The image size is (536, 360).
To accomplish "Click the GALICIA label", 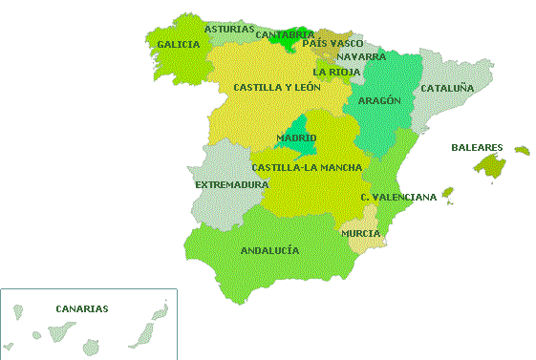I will (x=179, y=44).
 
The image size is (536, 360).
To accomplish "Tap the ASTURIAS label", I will (x=229, y=29).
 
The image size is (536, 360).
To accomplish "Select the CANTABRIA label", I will (x=285, y=35).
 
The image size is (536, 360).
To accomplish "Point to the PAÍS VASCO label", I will (x=332, y=43).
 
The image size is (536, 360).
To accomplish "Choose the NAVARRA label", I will (x=361, y=56).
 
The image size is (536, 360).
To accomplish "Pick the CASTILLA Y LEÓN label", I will (x=277, y=87).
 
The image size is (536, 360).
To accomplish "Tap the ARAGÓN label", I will (x=379, y=99).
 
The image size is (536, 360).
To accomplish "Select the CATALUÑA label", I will (x=447, y=88).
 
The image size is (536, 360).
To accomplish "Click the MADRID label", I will (x=296, y=138).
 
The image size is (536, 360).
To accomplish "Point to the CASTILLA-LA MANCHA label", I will (x=307, y=167).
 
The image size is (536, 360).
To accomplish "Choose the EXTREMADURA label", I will (x=231, y=184).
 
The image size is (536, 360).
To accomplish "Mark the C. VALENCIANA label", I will (x=398, y=197).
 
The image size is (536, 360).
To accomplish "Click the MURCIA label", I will (x=360, y=233).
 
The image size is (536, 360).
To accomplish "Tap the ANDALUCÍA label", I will (x=269, y=250).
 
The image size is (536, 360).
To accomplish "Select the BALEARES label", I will (x=477, y=147).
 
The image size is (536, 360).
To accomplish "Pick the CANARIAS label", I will (x=82, y=308).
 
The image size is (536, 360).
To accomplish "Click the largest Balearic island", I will (x=490, y=166).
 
